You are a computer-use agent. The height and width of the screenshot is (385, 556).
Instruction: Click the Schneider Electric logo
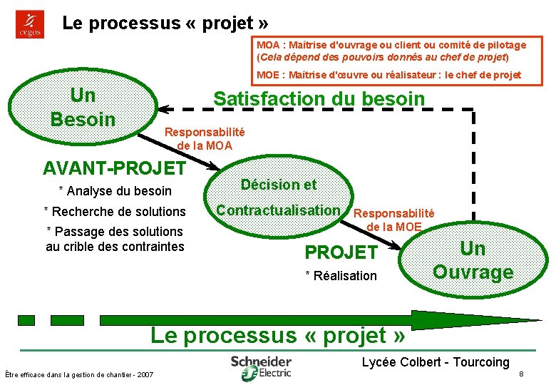tap(261, 366)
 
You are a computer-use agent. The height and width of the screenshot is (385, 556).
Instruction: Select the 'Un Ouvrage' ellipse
tap(473, 260)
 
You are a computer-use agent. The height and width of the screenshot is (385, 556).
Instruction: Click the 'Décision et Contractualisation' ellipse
tap(279, 197)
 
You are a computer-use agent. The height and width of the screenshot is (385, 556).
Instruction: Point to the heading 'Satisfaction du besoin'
tap(319, 99)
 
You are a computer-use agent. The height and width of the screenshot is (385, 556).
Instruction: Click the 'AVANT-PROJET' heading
tap(114, 169)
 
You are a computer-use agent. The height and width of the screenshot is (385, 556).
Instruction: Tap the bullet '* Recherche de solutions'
tap(115, 211)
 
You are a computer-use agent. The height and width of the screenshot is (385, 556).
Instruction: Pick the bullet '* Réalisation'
tap(341, 275)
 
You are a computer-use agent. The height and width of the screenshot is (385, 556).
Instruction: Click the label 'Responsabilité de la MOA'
tap(205, 138)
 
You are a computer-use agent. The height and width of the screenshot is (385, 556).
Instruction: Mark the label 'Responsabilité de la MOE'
tap(394, 220)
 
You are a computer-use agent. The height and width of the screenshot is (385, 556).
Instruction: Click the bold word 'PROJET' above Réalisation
tap(341, 252)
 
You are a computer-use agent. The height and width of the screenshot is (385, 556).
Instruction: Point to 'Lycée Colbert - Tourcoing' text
tap(436, 362)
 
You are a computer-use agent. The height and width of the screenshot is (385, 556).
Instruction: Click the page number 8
tap(522, 374)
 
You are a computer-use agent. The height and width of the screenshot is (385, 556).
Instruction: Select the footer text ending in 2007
tap(78, 374)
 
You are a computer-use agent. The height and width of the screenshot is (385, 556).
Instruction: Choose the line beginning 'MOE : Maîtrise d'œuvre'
tap(388, 74)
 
